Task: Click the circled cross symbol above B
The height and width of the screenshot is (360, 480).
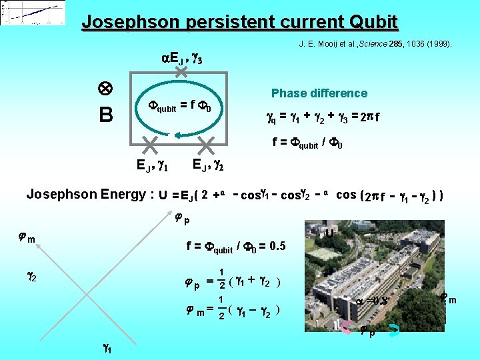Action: [105, 89]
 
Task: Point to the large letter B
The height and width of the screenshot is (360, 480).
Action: [105, 116]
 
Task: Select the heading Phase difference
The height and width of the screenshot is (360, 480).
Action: [319, 93]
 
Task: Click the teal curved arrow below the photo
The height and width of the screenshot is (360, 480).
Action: [395, 327]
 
